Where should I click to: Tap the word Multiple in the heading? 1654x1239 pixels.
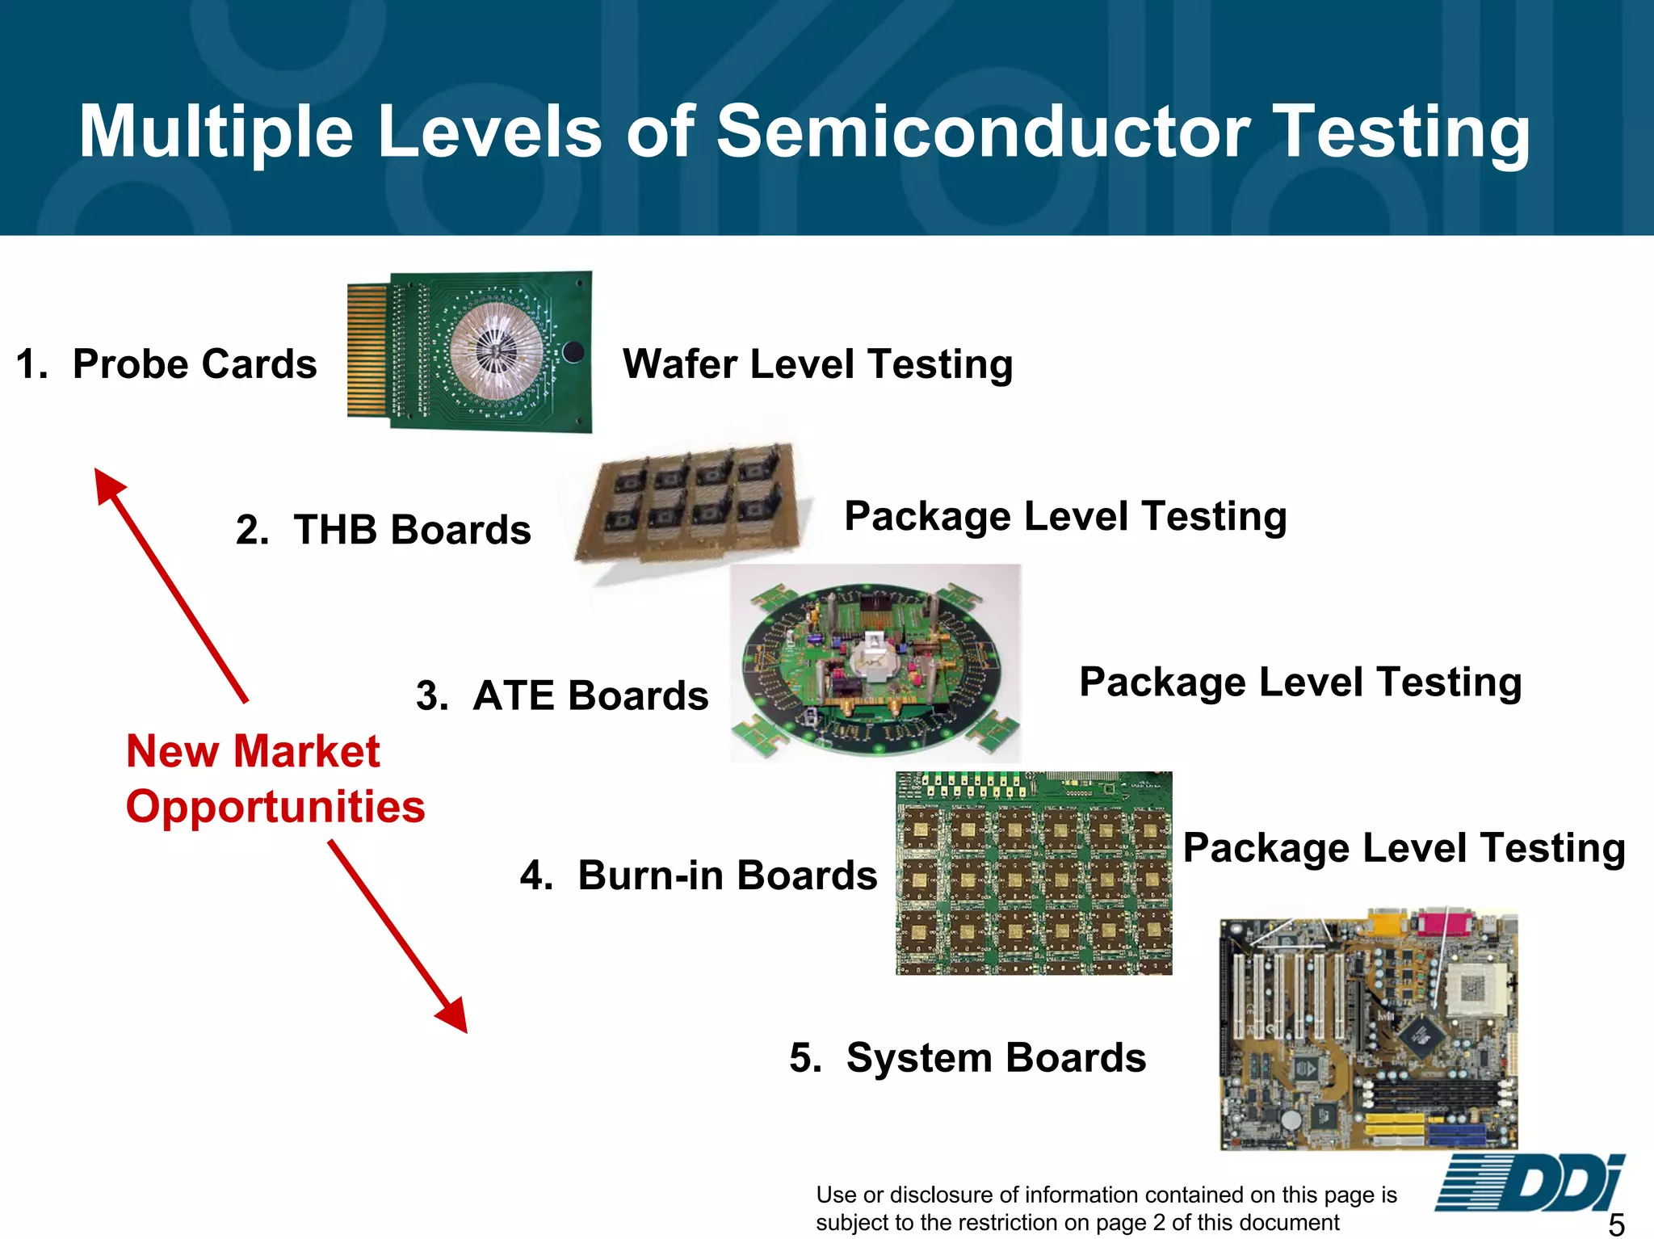(x=216, y=133)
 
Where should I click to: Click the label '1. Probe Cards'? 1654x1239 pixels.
(x=166, y=363)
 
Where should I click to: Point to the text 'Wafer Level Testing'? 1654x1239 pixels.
(x=817, y=363)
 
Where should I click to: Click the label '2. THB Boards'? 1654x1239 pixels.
(x=384, y=530)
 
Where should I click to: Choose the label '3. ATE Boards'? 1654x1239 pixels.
(x=562, y=695)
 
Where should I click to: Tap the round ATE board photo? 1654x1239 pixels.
(x=875, y=664)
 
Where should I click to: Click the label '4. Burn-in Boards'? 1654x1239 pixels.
(x=699, y=875)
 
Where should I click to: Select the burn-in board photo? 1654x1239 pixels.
(x=1034, y=873)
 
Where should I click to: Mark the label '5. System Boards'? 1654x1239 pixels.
(x=968, y=1057)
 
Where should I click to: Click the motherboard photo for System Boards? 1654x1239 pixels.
(x=1368, y=1029)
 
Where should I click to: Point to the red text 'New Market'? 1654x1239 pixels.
(x=253, y=751)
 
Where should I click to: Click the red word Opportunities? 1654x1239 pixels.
(x=275, y=806)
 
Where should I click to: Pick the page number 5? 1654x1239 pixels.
(x=1616, y=1224)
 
